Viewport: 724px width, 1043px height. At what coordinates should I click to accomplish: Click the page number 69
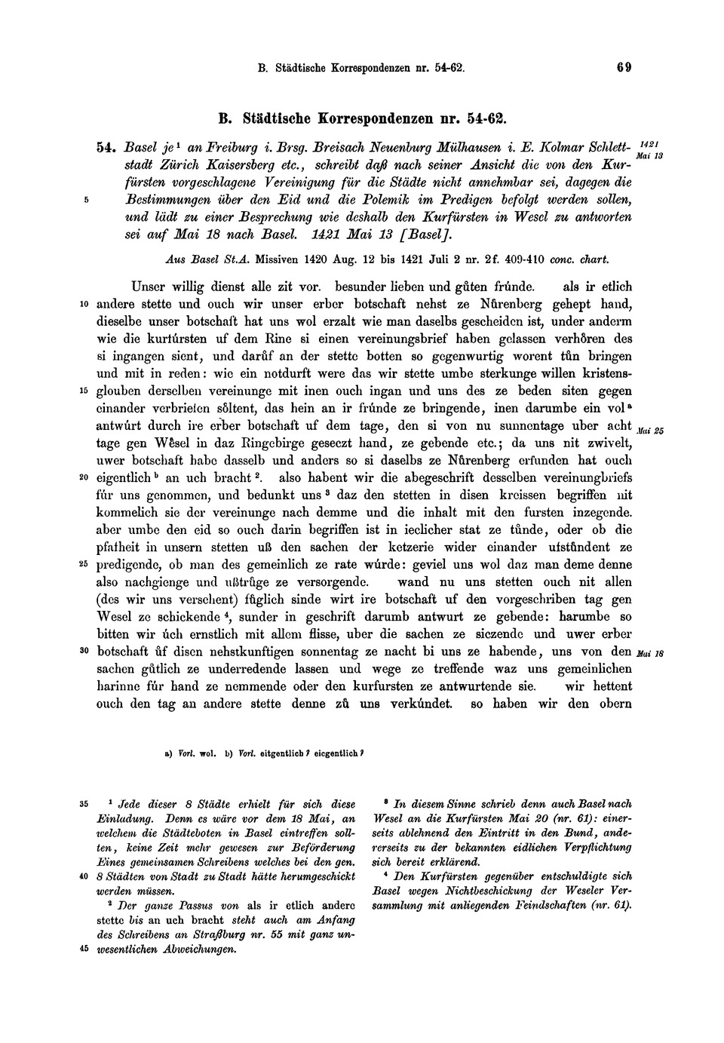click(x=624, y=67)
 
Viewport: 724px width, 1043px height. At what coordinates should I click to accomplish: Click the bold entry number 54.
click(x=106, y=149)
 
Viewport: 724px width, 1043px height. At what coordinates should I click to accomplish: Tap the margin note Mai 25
click(x=649, y=431)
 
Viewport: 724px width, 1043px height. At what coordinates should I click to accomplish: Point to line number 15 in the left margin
click(x=83, y=391)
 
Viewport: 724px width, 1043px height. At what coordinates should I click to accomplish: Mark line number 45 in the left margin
click(x=83, y=949)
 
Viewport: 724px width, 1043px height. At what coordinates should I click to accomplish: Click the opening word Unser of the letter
click(x=147, y=287)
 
